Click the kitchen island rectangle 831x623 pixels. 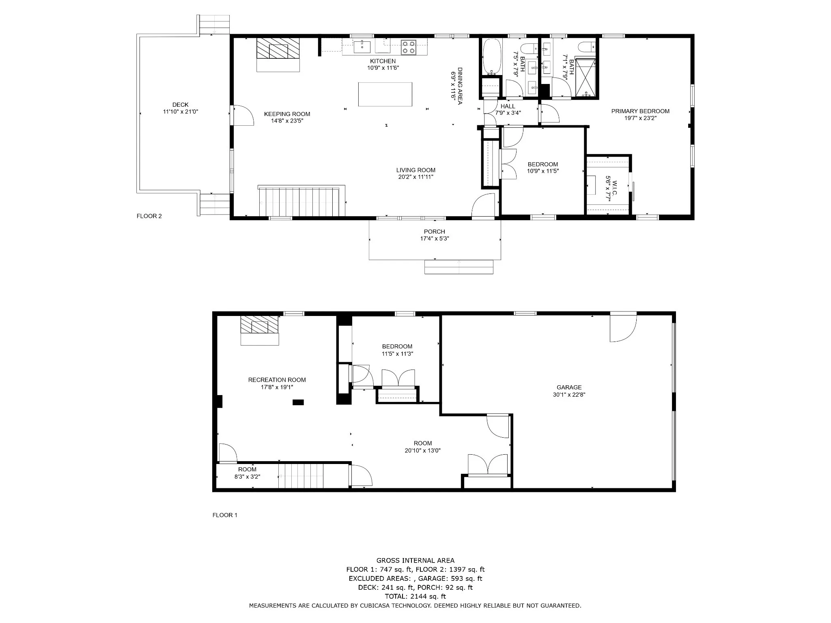385,94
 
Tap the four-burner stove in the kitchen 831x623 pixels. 409,47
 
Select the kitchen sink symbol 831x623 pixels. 362,47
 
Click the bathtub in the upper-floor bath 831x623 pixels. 492,57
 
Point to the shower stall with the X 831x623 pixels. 585,78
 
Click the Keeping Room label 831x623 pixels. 287,114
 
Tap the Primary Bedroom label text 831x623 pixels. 640,111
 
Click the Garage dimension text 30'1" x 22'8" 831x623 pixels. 569,394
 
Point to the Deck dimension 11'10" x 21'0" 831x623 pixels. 181,112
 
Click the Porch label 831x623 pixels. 435,232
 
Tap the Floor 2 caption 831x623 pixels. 149,216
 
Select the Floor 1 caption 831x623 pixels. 225,515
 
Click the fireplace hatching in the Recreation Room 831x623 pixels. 260,325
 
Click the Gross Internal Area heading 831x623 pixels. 415,561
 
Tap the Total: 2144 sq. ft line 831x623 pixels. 415,596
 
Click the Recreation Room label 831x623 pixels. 277,380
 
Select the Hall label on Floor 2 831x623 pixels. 508,106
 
